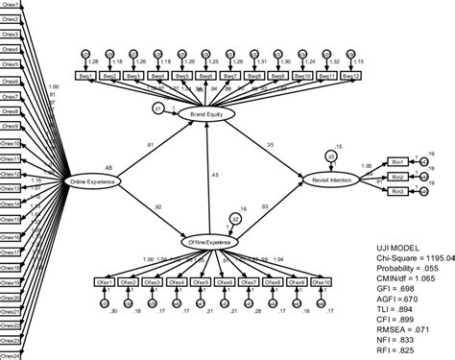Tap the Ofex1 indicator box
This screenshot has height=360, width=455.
point(108,281)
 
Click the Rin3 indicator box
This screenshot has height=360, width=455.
point(396,192)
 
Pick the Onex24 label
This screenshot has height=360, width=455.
point(12,352)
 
